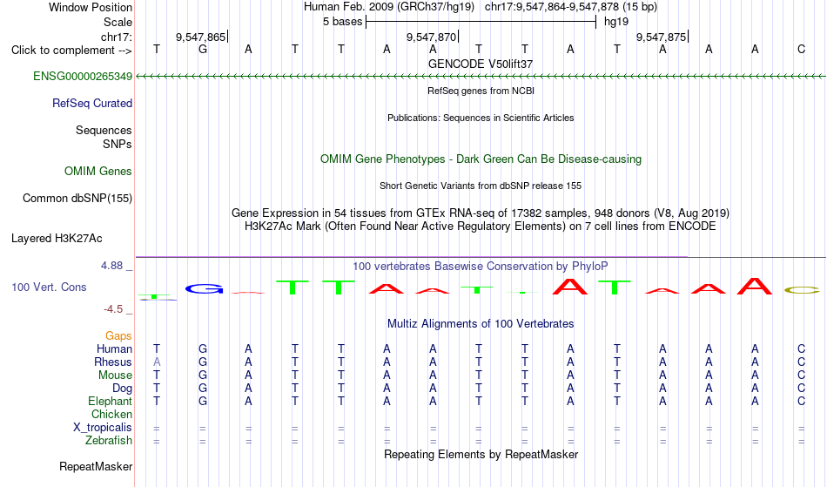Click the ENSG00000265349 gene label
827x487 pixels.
click(x=83, y=77)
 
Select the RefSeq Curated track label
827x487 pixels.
click(x=92, y=104)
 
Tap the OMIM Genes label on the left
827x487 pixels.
click(x=98, y=172)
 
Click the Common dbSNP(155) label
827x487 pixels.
click(x=77, y=199)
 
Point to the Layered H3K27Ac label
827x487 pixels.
click(x=57, y=239)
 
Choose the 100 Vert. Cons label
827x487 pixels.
click(x=49, y=287)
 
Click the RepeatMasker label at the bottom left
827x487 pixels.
click(x=96, y=466)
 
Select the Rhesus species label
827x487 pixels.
click(x=113, y=362)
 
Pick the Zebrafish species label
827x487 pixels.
click(x=109, y=441)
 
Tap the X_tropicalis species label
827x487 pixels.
click(x=103, y=428)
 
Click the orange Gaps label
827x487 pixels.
click(x=118, y=336)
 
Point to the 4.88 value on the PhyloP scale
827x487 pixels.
click(x=111, y=266)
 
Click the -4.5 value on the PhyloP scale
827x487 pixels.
click(x=113, y=309)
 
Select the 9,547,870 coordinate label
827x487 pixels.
click(x=431, y=37)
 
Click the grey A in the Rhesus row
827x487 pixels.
click(x=157, y=362)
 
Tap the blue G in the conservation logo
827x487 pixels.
click(x=204, y=288)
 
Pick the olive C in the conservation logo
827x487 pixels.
click(x=802, y=289)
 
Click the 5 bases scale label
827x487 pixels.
click(x=343, y=22)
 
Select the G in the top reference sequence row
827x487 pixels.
click(x=203, y=50)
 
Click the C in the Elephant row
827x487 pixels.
click(x=801, y=402)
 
